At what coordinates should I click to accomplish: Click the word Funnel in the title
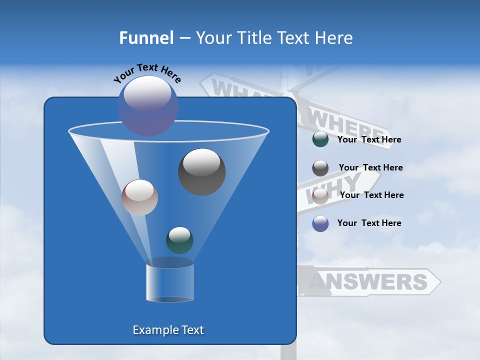pyautogui.click(x=146, y=38)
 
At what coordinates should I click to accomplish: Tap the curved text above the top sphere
pyautogui.click(x=147, y=73)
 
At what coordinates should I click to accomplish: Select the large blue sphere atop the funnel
pyautogui.click(x=148, y=105)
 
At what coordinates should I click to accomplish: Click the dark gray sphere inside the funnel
pyautogui.click(x=202, y=172)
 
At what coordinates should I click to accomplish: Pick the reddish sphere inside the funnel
pyautogui.click(x=139, y=197)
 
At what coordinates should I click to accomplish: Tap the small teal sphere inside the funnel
pyautogui.click(x=179, y=240)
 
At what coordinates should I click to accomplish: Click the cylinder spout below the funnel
pyautogui.click(x=170, y=282)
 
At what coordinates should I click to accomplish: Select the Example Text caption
pyautogui.click(x=168, y=330)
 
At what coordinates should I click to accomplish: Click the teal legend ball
pyautogui.click(x=320, y=139)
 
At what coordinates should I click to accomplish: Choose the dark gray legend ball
pyautogui.click(x=320, y=167)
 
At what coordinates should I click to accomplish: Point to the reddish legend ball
pyautogui.click(x=320, y=195)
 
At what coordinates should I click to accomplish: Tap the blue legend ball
pyautogui.click(x=320, y=223)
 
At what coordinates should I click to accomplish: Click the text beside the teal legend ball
pyautogui.click(x=369, y=140)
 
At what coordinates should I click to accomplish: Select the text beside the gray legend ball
pyautogui.click(x=370, y=167)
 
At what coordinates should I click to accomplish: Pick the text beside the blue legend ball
pyautogui.click(x=369, y=223)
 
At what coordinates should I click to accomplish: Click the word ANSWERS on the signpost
pyautogui.click(x=367, y=282)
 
